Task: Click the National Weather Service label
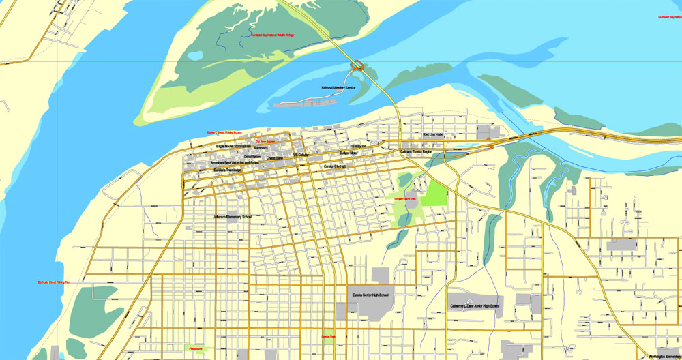339,89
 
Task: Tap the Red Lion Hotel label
433,136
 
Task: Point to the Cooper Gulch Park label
406,199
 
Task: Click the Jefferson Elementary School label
233,217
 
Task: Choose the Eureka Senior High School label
370,295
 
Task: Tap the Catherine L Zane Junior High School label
475,306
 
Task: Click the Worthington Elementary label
665,356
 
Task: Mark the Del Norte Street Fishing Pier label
55,282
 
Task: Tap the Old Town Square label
265,142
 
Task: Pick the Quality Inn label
359,146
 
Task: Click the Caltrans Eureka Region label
417,151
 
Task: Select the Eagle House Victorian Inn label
233,146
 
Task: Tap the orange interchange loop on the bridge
356,66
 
